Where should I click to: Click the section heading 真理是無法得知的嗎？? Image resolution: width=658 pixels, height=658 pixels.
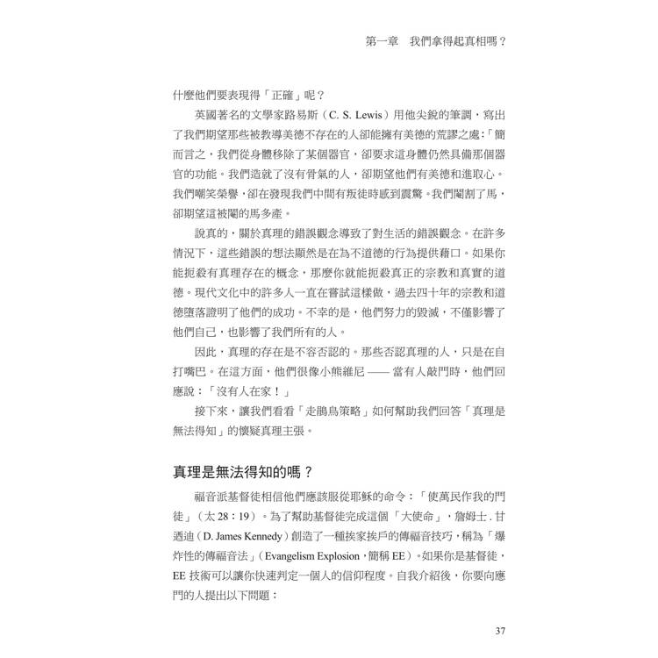(x=240, y=473)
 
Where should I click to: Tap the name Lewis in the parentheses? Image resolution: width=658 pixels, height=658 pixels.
(x=371, y=114)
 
